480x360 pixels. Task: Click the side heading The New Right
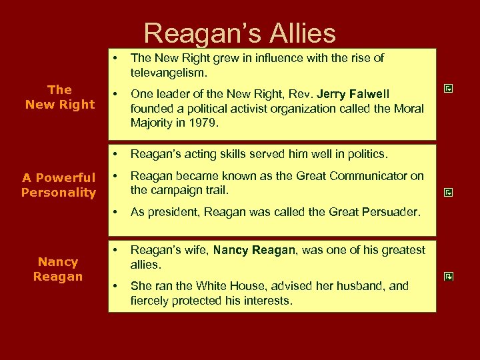[59, 97]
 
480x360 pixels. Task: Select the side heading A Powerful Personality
[59, 185]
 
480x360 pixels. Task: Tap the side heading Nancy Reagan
[59, 269]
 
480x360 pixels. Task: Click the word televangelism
[169, 72]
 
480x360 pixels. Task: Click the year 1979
[226, 123]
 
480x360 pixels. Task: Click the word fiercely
[149, 301]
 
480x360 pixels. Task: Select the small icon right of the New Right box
[449, 88]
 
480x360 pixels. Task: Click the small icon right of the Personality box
[449, 192]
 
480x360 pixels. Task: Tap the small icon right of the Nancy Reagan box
[449, 276]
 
